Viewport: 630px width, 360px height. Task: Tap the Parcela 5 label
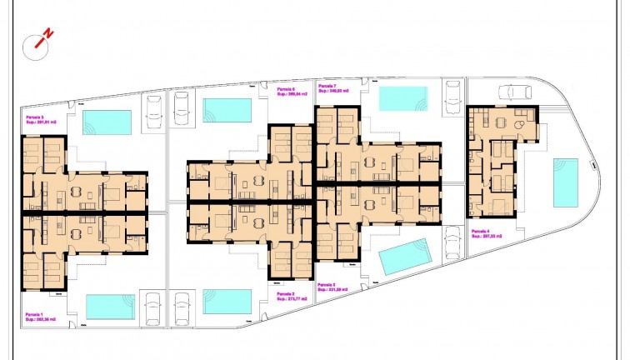(37, 120)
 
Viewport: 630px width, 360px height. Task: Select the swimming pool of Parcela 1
(110, 306)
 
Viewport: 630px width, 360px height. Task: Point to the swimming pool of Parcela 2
(227, 302)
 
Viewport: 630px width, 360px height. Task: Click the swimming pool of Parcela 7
(403, 98)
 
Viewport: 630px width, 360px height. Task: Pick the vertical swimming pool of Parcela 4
(566, 182)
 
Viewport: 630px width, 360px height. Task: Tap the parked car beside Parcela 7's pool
(453, 95)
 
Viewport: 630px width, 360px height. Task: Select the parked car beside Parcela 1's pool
(153, 307)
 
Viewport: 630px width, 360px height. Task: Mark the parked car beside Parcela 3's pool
(452, 245)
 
